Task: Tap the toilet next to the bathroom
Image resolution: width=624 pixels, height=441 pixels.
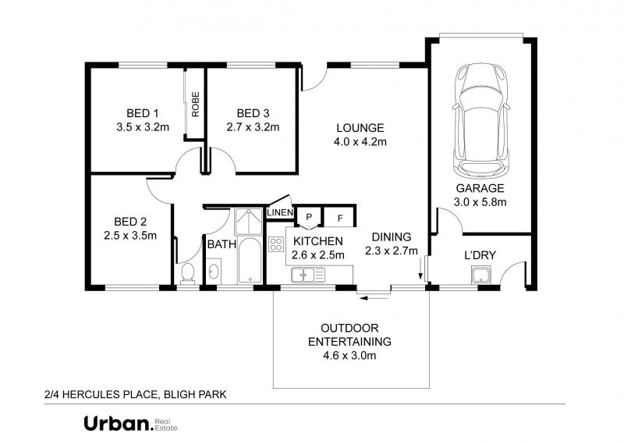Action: tap(187, 273)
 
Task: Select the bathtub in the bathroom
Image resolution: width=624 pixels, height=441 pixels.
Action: tap(250, 260)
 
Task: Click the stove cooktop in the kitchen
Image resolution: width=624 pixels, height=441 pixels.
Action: tap(276, 244)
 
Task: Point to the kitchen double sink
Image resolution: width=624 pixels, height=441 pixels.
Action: tap(308, 275)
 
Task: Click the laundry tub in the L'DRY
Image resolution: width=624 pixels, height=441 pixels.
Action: tap(481, 276)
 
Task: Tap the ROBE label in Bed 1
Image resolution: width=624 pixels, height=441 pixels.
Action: tap(196, 105)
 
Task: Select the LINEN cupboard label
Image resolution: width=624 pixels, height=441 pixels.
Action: tap(280, 213)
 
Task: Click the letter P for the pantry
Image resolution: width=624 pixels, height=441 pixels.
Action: tap(308, 218)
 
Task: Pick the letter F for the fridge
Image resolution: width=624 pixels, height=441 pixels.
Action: tap(340, 219)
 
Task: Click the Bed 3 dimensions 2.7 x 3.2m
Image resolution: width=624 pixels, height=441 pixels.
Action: tap(253, 127)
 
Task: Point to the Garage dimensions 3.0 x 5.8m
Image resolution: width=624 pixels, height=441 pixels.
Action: tap(480, 202)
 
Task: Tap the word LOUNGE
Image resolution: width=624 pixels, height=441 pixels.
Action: tap(360, 128)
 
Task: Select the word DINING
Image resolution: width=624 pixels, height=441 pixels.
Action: tap(392, 237)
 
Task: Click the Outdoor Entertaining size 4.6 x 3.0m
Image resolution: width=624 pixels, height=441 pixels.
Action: tap(349, 355)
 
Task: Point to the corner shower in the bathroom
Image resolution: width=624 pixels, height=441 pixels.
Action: tap(249, 222)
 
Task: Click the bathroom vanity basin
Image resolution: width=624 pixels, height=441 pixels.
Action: tap(214, 272)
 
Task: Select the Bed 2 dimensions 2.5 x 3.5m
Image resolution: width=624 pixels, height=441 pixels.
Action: tap(130, 236)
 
